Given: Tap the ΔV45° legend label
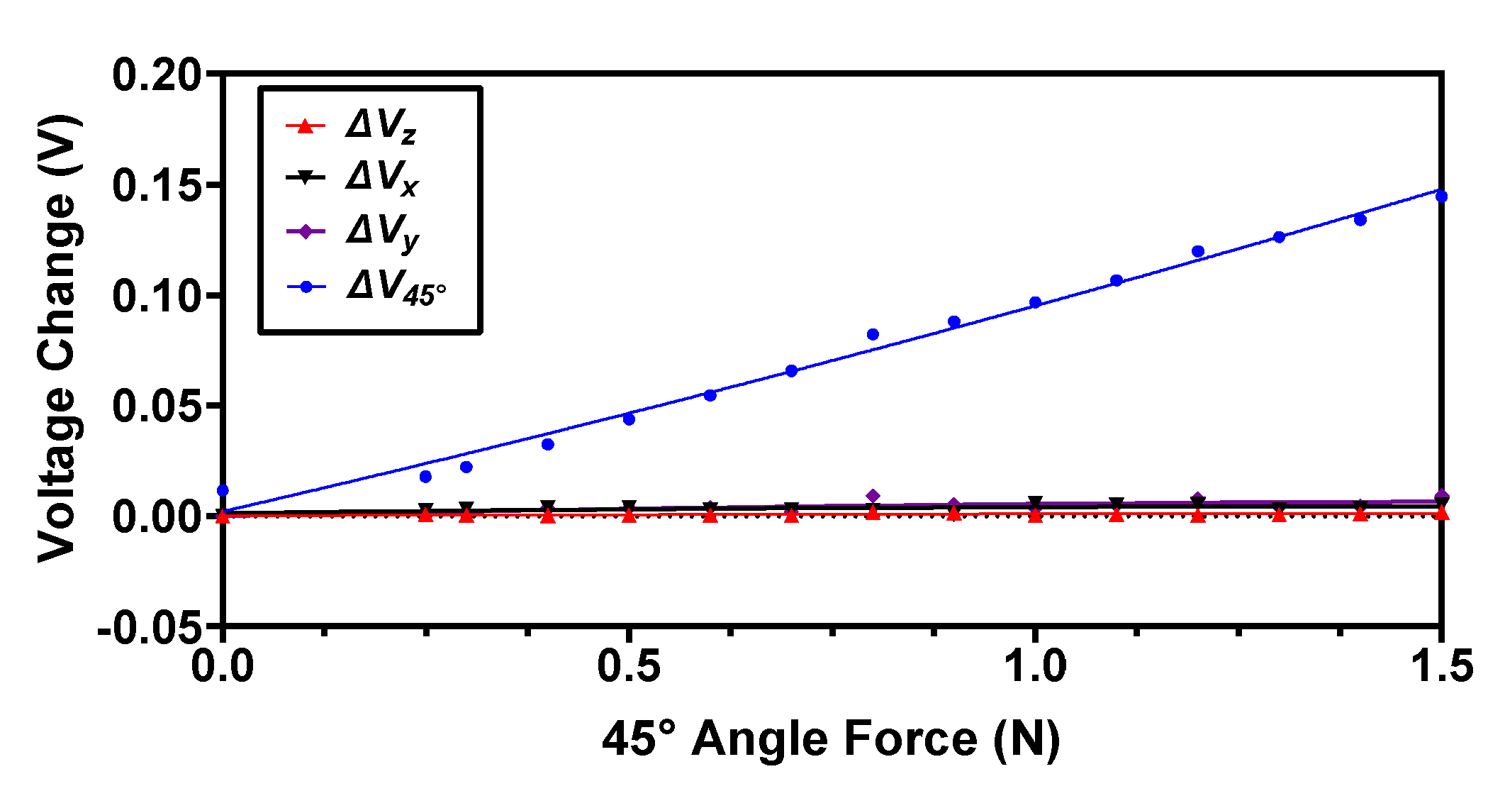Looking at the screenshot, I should pos(396,287).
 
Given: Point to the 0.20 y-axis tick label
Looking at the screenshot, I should pos(157,74).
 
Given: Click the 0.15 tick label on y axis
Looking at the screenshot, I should pos(157,185).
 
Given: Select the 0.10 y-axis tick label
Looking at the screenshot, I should pos(157,296).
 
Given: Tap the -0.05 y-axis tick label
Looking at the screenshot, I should pos(149,627).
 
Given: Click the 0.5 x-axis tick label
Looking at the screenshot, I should pos(628,667).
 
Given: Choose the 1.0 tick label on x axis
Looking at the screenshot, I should pos(1036,667).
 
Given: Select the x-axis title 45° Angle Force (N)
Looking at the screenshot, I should pos(831,739).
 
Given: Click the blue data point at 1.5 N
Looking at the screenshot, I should pos(1441,197).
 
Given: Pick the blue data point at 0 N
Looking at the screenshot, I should pos(223,490).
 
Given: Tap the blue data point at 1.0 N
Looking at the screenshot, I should pos(1035,303).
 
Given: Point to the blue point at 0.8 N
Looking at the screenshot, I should pos(873,334).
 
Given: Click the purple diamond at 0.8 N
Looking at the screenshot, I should pos(873,496).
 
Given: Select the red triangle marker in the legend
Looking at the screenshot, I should pos(305,127).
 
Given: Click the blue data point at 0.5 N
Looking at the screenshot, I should pos(629,419).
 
